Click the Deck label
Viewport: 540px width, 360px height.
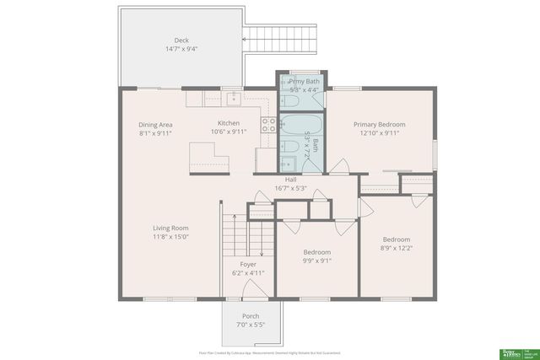click(181, 40)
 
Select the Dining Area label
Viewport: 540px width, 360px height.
click(155, 124)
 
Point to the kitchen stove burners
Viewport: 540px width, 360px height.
click(268, 125)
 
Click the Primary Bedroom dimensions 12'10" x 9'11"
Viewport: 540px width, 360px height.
click(379, 132)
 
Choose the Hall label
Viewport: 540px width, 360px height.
click(290, 180)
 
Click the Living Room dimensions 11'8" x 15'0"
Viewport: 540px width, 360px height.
click(170, 237)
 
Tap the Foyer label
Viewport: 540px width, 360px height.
click(248, 264)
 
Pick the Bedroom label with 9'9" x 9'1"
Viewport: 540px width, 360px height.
click(316, 251)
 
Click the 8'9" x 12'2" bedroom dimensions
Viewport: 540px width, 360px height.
click(396, 247)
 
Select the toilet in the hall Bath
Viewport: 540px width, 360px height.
click(289, 149)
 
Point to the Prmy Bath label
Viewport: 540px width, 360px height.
click(303, 81)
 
